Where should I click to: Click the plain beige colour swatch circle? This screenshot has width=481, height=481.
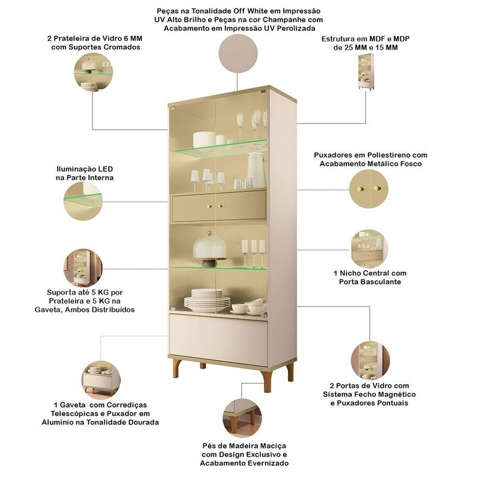tap(238, 54)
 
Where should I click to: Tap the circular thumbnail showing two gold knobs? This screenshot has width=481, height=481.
tap(369, 189)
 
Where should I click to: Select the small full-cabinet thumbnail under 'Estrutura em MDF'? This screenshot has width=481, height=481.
tap(366, 72)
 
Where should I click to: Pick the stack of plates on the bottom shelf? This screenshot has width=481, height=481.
tap(207, 301)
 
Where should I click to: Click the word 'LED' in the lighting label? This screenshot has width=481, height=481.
tap(105, 169)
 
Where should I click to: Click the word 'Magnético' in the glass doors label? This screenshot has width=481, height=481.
tap(396, 394)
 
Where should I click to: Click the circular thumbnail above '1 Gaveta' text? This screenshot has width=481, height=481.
tap(101, 381)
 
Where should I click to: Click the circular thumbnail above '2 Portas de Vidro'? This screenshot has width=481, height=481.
tap(370, 361)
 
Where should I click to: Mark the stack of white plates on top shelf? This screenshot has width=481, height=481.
tap(204, 141)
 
